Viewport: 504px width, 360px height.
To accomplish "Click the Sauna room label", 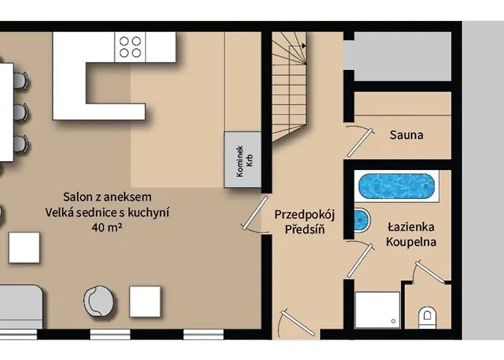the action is pos(406,135).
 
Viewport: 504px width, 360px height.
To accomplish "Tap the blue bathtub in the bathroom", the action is pos(396,186).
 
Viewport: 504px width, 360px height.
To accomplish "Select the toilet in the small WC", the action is pos(427,318).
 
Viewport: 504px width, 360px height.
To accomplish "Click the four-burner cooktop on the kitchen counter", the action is pos(130,47).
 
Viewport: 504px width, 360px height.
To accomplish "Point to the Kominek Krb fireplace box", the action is pos(243,159).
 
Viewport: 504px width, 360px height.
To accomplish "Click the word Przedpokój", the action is pos(305,215).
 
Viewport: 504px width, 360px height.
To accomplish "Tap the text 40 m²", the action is pos(107,228).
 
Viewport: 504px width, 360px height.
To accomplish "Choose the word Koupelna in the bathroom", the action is pos(411,242).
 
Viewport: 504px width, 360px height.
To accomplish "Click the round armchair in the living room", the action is pos(99,302).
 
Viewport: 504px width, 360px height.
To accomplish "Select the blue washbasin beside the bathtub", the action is pos(361,220).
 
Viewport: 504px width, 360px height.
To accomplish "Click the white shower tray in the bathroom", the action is pos(377,310).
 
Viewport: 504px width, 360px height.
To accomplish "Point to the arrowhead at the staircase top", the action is pos(303,46).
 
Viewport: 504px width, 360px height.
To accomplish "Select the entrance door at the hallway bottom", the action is pos(297,323).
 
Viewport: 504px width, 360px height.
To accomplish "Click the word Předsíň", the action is pos(305,229).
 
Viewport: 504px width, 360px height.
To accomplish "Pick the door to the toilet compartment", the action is pos(429,271).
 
